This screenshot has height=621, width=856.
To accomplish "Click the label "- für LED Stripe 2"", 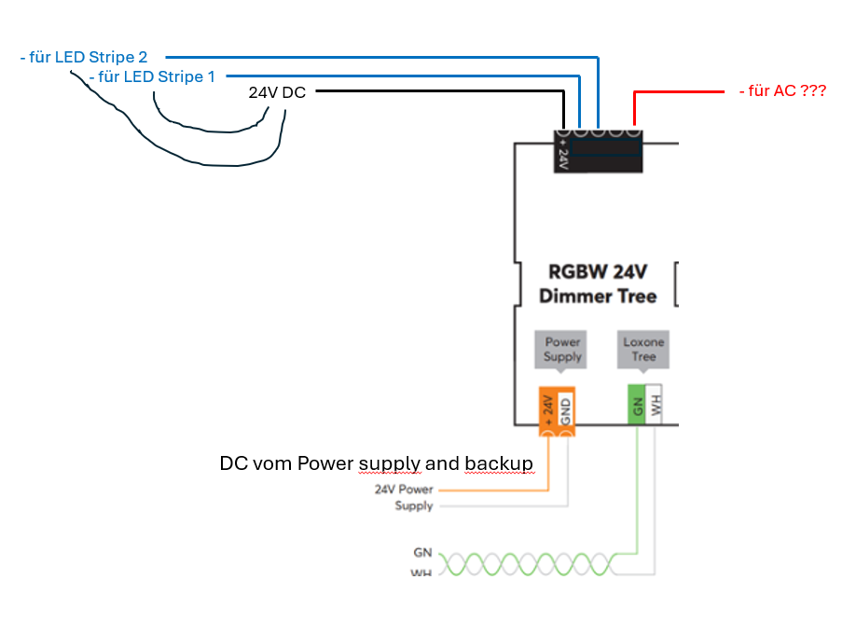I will [x=84, y=58].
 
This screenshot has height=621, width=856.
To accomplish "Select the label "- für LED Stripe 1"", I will [x=153, y=76].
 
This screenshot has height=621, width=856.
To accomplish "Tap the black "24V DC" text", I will [x=277, y=93].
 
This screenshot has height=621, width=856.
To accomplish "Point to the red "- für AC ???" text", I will [x=782, y=91].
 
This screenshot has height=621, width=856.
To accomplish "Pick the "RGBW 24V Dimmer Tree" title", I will [x=598, y=284].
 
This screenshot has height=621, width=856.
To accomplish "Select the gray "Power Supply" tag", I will [x=562, y=349].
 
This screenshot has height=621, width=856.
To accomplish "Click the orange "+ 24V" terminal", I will [x=548, y=410].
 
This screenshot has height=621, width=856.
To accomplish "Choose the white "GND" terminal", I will [x=566, y=410].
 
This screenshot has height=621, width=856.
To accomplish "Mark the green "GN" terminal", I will [x=637, y=405].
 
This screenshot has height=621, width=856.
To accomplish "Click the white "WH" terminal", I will [x=655, y=405].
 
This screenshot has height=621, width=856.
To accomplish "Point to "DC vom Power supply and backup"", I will [x=377, y=463].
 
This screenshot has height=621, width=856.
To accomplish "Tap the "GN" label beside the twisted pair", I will [x=423, y=553].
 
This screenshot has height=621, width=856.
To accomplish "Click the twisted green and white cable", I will [x=522, y=564].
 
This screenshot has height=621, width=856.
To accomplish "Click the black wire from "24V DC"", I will [x=438, y=91].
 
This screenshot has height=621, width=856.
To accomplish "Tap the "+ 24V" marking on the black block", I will [x=562, y=149].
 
